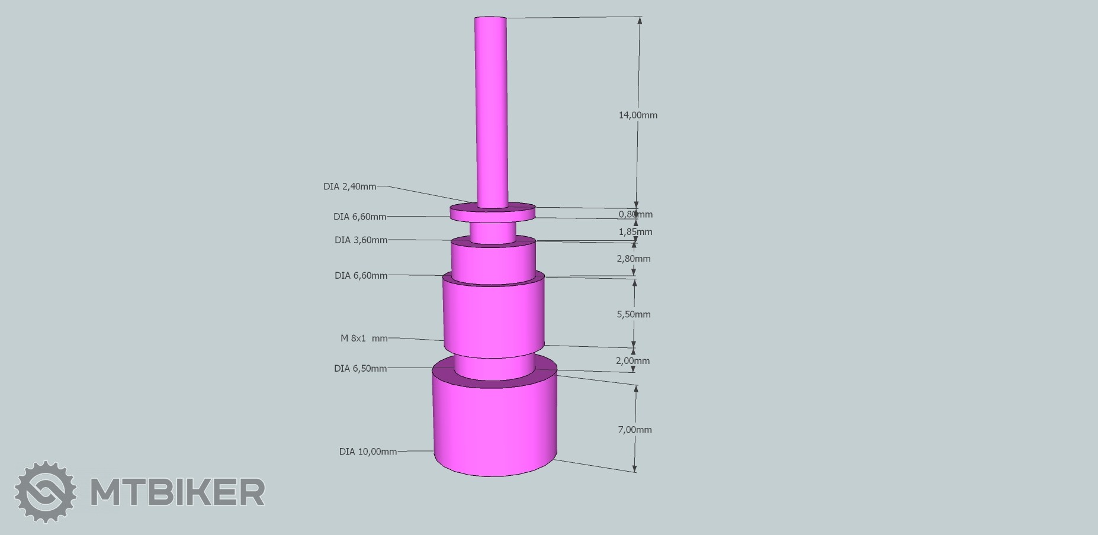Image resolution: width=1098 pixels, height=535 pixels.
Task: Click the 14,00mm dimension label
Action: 638,115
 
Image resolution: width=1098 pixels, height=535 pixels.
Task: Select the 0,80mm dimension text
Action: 635,214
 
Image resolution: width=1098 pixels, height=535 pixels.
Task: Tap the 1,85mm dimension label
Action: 635,231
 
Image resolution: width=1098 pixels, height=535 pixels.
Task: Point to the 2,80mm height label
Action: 634,259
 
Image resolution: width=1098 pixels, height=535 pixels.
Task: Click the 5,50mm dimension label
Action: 634,314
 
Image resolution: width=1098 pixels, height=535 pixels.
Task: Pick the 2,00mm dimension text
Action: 633,360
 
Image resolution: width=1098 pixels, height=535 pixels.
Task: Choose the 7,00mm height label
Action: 635,430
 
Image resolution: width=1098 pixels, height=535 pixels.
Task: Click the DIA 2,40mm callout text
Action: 349,186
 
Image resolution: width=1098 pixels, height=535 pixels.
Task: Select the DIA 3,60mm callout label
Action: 361,240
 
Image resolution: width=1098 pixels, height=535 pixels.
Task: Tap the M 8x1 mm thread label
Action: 364,339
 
